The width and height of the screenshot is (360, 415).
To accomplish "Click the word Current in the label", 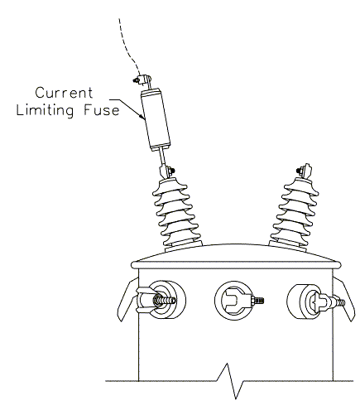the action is tap(64, 93).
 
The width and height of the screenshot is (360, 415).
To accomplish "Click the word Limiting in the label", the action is tap(45, 110).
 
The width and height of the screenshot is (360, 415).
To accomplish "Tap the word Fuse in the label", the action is tap(102, 110).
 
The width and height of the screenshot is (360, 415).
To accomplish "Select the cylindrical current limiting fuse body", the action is tap(156, 119).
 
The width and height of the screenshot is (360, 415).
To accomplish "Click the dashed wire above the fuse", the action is tap(127, 47).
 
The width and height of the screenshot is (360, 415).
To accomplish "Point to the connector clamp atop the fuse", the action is tap(142, 80).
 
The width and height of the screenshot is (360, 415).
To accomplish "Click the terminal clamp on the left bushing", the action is tap(166, 171).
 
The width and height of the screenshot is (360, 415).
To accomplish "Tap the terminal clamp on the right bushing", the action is tap(304, 171).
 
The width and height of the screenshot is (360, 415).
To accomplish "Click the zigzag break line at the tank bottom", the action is tap(229, 381).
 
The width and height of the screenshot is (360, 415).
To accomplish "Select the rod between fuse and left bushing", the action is tap(161, 157).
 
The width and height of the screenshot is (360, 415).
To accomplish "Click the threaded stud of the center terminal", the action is tap(258, 300).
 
